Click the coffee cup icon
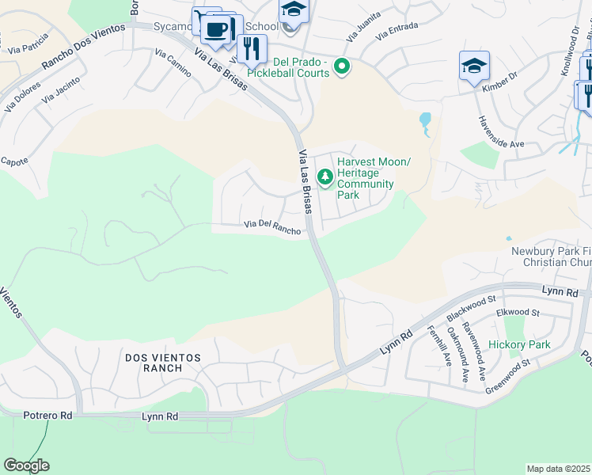215,30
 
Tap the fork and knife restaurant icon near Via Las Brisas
252,49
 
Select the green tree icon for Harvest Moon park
324,177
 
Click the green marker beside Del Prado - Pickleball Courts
342,66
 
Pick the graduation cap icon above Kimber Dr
474,66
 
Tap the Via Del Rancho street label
272,228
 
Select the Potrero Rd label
47,415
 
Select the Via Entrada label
397,32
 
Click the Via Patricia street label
27,44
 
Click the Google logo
26,465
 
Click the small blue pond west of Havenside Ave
426,121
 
